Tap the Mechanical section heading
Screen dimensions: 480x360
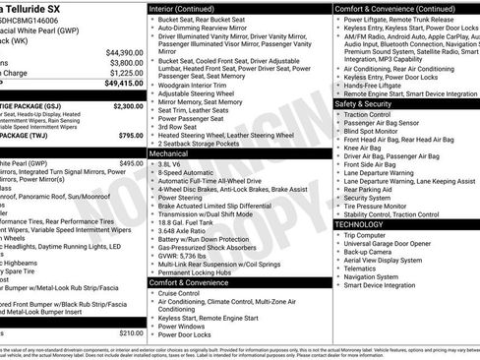click(174, 153)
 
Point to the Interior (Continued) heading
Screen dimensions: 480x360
click(189, 8)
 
